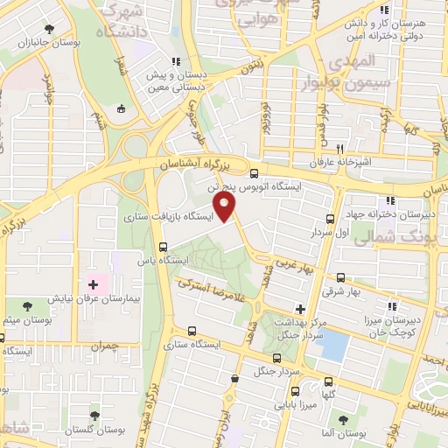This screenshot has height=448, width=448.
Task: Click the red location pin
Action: (x=226, y=208)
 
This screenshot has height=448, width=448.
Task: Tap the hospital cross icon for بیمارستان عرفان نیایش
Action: (x=94, y=285)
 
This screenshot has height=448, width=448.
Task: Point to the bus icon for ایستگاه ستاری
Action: (x=192, y=331)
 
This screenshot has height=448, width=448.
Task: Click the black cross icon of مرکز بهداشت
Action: (x=300, y=309)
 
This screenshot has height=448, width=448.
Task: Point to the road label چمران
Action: (x=101, y=346)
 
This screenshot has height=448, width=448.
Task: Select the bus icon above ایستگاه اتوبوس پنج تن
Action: (x=254, y=173)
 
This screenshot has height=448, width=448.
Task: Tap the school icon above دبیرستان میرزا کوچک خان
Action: (x=393, y=305)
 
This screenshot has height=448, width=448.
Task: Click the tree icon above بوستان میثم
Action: (x=26, y=305)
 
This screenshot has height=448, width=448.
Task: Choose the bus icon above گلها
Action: (x=328, y=381)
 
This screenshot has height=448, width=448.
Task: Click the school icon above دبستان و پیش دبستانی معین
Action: (x=176, y=61)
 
